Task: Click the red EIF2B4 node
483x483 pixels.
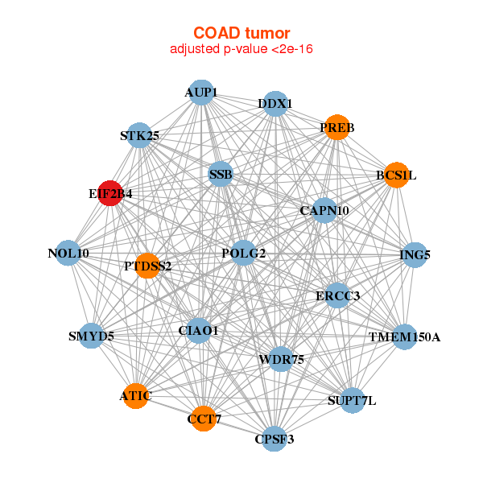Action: [x=110, y=193]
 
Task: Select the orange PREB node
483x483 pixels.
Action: [x=337, y=127]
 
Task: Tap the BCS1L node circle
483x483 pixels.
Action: [x=397, y=175]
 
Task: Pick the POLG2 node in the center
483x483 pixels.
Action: [x=244, y=253]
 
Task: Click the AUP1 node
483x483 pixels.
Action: [x=201, y=93]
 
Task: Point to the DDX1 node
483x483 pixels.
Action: [x=275, y=104]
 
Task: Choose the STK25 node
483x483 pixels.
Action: [x=139, y=135]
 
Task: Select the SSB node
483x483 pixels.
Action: [x=221, y=174]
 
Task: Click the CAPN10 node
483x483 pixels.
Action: [x=324, y=210]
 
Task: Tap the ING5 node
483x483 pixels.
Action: [x=415, y=254]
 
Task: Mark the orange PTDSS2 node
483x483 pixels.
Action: [x=148, y=266]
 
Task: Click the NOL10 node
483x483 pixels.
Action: [x=68, y=253]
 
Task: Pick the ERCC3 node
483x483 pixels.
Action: [x=337, y=295]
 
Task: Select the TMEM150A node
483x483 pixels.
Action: [x=405, y=337]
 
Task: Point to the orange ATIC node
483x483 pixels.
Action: [x=136, y=396]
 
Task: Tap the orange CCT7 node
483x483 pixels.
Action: [x=204, y=419]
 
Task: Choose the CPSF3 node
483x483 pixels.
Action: [x=275, y=439]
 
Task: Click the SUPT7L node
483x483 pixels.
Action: [x=353, y=400]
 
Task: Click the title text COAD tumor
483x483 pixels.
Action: [x=242, y=33]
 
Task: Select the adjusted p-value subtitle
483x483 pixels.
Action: [x=242, y=49]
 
